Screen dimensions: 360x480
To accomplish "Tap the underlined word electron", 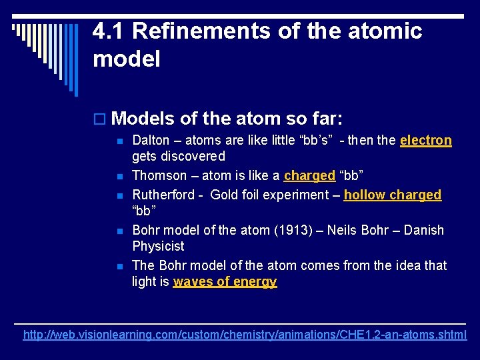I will pyautogui.click(x=426, y=141).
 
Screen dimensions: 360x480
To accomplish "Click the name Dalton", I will pyautogui.click(x=151, y=141).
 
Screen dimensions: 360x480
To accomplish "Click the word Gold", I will pyautogui.click(x=226, y=195).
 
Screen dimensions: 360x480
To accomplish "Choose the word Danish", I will pyautogui.click(x=423, y=231).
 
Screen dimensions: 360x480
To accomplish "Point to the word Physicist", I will pyautogui.click(x=159, y=247).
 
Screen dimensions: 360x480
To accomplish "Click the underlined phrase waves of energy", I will pyautogui.click(x=225, y=282).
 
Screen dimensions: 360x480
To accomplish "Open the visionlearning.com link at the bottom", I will pyautogui.click(x=245, y=335).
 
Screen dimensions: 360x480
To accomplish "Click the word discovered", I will pyautogui.click(x=193, y=157).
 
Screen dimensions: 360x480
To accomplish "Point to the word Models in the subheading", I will pyautogui.click(x=143, y=119).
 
